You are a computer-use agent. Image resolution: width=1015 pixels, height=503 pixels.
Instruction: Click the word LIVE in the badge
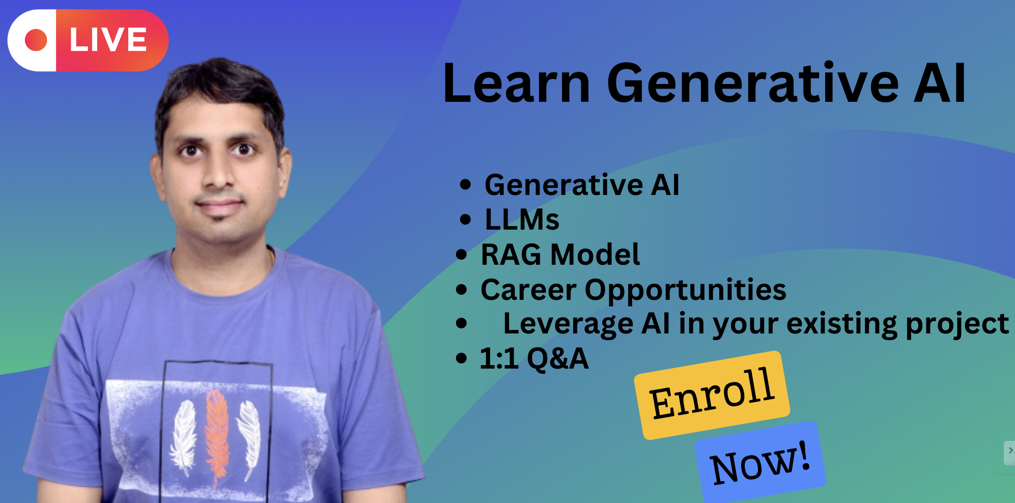coord(108,40)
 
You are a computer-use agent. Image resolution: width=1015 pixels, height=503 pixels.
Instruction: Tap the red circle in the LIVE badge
coord(36,40)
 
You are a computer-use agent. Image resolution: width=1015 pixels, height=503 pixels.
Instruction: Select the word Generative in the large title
coord(753,83)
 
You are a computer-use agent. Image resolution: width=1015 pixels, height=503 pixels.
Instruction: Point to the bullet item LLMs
coord(522,220)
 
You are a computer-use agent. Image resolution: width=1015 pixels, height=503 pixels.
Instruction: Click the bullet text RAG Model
coord(560,255)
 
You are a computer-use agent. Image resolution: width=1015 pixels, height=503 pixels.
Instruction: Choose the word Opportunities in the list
coord(685,290)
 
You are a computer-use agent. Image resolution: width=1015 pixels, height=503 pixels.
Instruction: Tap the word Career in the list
coord(528,290)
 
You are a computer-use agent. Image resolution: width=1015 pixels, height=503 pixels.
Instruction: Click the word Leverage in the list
coord(568,324)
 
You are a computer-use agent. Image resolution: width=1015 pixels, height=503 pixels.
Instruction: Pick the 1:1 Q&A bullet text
coord(534,358)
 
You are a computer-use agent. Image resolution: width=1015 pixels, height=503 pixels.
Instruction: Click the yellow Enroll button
coord(712,395)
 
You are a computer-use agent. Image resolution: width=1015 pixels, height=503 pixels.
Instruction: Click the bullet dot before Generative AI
coord(465,185)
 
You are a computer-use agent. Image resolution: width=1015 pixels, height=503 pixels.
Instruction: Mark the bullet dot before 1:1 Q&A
coord(461,358)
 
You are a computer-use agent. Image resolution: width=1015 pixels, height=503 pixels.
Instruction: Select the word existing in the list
coord(842,324)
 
